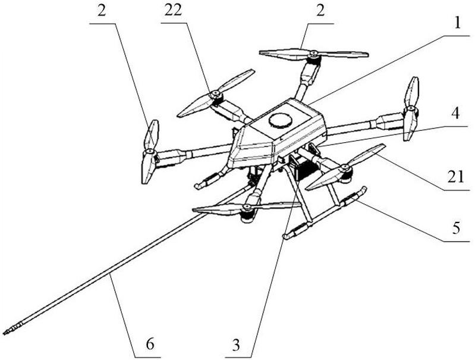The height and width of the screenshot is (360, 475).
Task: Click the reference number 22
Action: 173,10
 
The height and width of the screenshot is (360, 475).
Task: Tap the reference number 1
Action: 458,23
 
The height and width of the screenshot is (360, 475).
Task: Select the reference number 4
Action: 455,114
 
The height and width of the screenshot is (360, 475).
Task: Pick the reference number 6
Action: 150,345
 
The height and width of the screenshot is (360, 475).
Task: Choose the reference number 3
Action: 236,345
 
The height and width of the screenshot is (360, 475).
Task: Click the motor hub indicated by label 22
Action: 216,93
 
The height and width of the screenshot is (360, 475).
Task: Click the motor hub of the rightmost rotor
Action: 410,108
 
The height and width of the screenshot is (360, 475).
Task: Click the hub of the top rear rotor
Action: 314,54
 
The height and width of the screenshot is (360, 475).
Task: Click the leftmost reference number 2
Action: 102,11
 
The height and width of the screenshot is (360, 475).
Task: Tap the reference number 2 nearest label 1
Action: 320,11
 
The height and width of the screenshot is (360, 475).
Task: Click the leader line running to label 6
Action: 122,315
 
